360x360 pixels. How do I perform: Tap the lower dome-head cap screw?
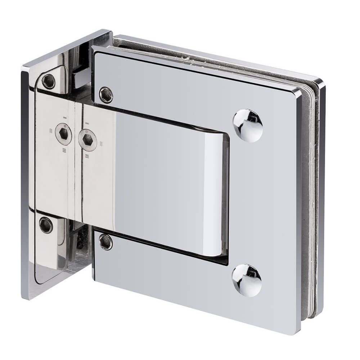(x=247, y=280)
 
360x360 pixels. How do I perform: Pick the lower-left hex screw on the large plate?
(x=105, y=242)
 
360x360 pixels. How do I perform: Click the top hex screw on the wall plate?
(x=48, y=81)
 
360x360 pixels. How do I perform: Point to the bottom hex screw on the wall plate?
(x=46, y=225)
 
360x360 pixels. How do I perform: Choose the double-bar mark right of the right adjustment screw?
(x=101, y=143)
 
